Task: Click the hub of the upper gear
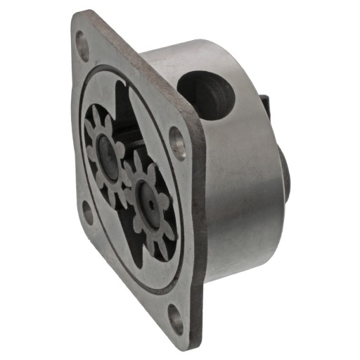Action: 107,150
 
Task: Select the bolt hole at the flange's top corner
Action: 82,46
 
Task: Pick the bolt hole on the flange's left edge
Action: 88,211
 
